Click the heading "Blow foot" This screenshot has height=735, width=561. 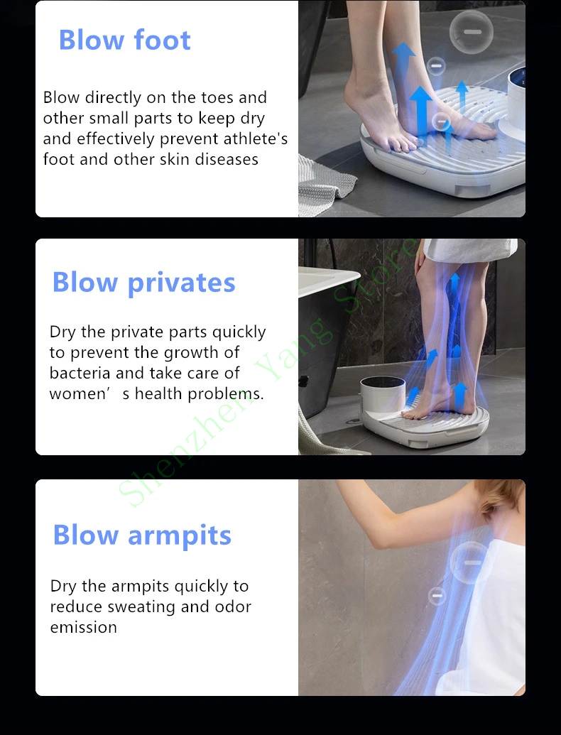point(124,40)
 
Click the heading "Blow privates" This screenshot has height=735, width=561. point(143,283)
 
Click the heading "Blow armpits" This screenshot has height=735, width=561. point(142,535)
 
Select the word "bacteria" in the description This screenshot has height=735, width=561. point(80,373)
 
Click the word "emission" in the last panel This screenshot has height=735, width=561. point(83,627)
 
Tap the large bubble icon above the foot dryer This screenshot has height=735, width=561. point(472,32)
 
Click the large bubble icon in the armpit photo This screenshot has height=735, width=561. point(471,563)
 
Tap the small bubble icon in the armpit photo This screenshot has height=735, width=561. point(437,596)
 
